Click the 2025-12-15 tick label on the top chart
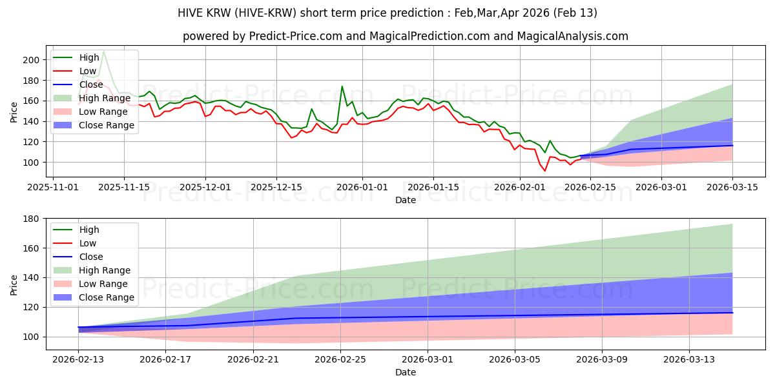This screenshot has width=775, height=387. pos(276,186)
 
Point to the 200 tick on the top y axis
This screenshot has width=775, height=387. pos(32,59)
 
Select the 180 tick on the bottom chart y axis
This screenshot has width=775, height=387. pos(32,219)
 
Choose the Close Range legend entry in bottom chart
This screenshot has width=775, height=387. pos(107,297)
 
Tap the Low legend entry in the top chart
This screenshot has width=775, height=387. pos(88,71)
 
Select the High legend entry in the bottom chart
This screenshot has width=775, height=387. pos(88,230)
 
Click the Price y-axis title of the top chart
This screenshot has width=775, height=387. pos(14,111)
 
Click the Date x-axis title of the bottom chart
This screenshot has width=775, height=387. pos(405,372)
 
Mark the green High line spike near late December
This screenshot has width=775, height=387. pos(342,86)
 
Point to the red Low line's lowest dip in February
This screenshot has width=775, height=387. pos(544,170)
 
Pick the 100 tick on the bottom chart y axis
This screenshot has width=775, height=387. pos(32,337)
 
